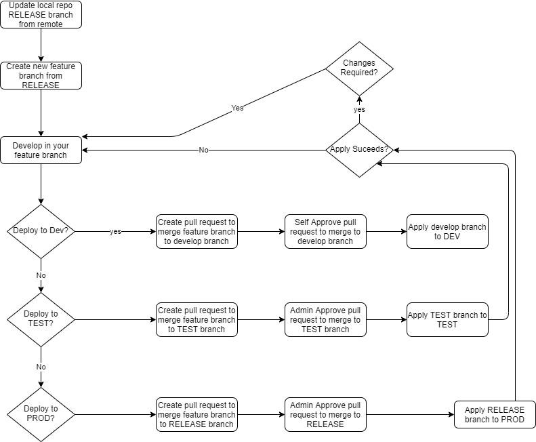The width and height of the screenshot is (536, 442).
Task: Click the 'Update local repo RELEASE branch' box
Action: (x=41, y=15)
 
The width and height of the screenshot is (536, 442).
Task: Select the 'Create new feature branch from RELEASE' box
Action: (x=41, y=76)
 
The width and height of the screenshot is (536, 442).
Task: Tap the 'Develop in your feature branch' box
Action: (x=41, y=150)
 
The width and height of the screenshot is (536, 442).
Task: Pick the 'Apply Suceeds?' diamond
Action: (x=358, y=150)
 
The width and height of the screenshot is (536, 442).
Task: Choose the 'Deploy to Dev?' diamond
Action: (x=41, y=231)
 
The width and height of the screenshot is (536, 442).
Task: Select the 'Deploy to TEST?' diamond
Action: (x=41, y=319)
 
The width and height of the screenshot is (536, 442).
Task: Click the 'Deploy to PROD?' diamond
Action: (x=41, y=414)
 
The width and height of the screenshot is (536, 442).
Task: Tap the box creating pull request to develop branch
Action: (x=197, y=231)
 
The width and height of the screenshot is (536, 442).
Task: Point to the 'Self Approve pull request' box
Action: (x=325, y=231)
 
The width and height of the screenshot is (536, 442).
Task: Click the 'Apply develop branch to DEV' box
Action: (x=447, y=231)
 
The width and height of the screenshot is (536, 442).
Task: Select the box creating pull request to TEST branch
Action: (x=197, y=319)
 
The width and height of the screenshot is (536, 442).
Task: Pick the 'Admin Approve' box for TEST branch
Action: (x=325, y=319)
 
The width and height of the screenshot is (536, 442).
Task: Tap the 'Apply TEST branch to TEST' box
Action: (x=447, y=319)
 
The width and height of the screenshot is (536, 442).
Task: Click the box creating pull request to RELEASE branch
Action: (x=197, y=414)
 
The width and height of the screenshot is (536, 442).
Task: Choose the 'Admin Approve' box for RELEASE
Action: (x=325, y=414)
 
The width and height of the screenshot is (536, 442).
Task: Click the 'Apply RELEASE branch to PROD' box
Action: (x=495, y=414)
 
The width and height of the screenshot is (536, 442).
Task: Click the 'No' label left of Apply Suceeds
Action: (x=203, y=150)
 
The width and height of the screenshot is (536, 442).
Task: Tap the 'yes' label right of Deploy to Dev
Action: (x=115, y=231)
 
